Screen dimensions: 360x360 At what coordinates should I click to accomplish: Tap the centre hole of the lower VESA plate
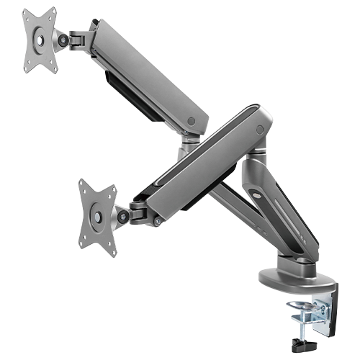[x=96, y=214]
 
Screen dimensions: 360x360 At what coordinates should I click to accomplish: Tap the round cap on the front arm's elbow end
[x=259, y=130]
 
